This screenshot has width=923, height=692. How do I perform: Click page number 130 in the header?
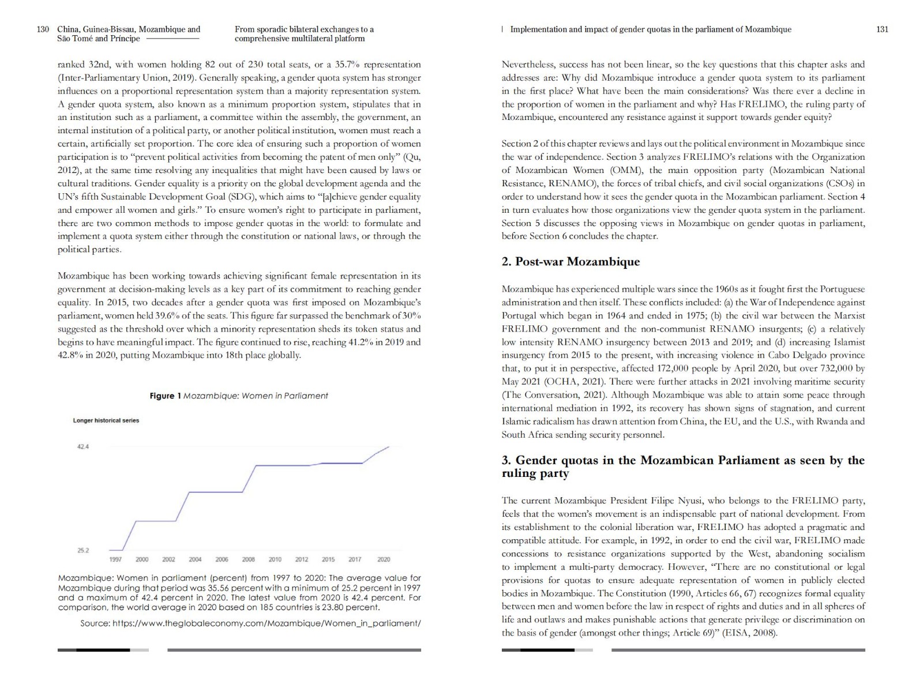coord(43,29)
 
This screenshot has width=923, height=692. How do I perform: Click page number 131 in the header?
coord(882,29)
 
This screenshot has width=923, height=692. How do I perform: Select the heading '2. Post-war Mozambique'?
coord(570,262)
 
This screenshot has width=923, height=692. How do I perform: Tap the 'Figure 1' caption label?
coord(166,396)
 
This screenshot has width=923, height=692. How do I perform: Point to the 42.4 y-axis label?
coord(83,447)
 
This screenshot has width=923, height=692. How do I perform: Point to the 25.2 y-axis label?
coord(83,550)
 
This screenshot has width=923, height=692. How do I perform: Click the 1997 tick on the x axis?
coord(115,559)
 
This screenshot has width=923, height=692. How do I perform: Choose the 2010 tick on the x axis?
coord(275,559)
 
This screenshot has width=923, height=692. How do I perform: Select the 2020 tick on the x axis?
coord(384,559)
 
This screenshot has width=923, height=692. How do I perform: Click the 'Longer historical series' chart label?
coord(106,420)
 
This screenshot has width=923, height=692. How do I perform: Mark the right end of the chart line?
coord(389,446)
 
